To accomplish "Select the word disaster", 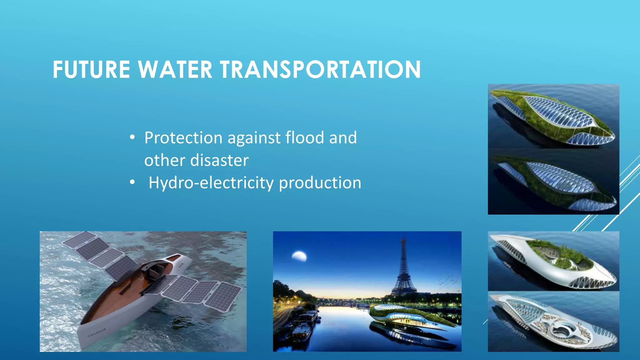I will click(x=219, y=160).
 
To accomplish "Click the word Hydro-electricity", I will click(x=211, y=183).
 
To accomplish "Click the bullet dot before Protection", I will click(x=132, y=137).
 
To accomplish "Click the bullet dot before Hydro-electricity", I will click(x=132, y=182).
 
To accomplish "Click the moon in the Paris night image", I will click(x=299, y=256).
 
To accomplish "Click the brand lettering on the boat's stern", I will click(x=97, y=332).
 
